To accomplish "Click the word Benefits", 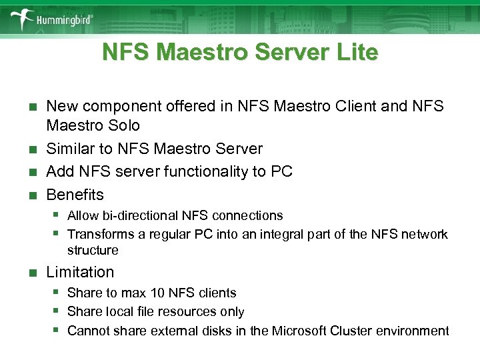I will click(75, 195).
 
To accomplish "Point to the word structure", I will click(93, 251).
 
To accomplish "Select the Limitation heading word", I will click(80, 272).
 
